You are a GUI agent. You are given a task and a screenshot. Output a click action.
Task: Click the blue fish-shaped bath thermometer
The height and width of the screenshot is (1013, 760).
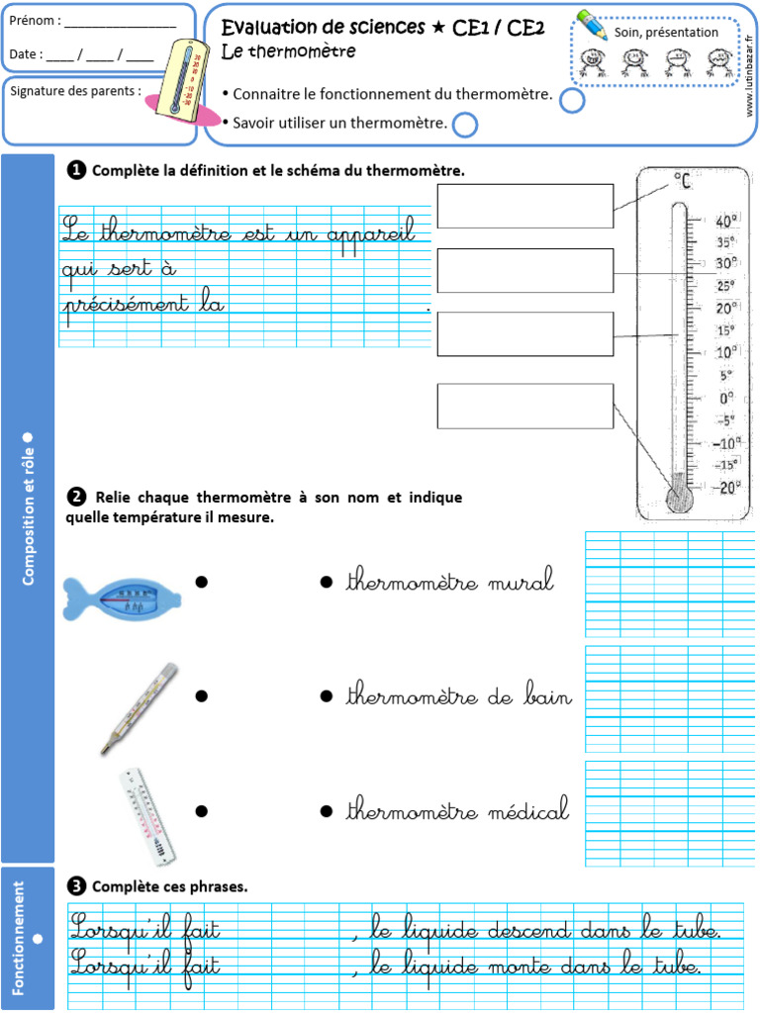[x=121, y=597]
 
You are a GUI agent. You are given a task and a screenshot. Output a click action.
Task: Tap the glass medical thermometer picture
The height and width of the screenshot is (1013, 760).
[x=140, y=707]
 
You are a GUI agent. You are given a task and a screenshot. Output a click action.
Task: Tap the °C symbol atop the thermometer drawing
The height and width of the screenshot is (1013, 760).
[x=683, y=180]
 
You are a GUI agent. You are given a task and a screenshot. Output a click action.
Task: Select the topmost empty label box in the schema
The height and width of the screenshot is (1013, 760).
[x=524, y=206]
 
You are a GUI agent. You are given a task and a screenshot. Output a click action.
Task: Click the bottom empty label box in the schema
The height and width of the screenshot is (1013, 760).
[x=524, y=406]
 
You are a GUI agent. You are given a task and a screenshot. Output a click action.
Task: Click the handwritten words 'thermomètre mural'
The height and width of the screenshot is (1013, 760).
[x=449, y=583]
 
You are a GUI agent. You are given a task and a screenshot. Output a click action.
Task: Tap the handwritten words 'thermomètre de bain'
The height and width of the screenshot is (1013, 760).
[x=458, y=697]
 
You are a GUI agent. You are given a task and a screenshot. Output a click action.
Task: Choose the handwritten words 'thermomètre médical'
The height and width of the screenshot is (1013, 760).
[x=457, y=812]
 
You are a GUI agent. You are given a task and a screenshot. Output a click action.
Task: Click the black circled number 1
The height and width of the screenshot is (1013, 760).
[x=75, y=170]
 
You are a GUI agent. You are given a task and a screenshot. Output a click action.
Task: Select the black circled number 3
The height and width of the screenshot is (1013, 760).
[x=75, y=885]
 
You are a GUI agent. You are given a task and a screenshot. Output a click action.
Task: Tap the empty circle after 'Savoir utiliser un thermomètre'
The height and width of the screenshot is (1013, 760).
[x=464, y=124]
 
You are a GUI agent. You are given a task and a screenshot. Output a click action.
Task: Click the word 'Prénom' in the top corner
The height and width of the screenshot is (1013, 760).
[x=32, y=21]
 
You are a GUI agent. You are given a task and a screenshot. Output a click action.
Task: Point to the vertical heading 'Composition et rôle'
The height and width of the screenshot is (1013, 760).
[x=28, y=507]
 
